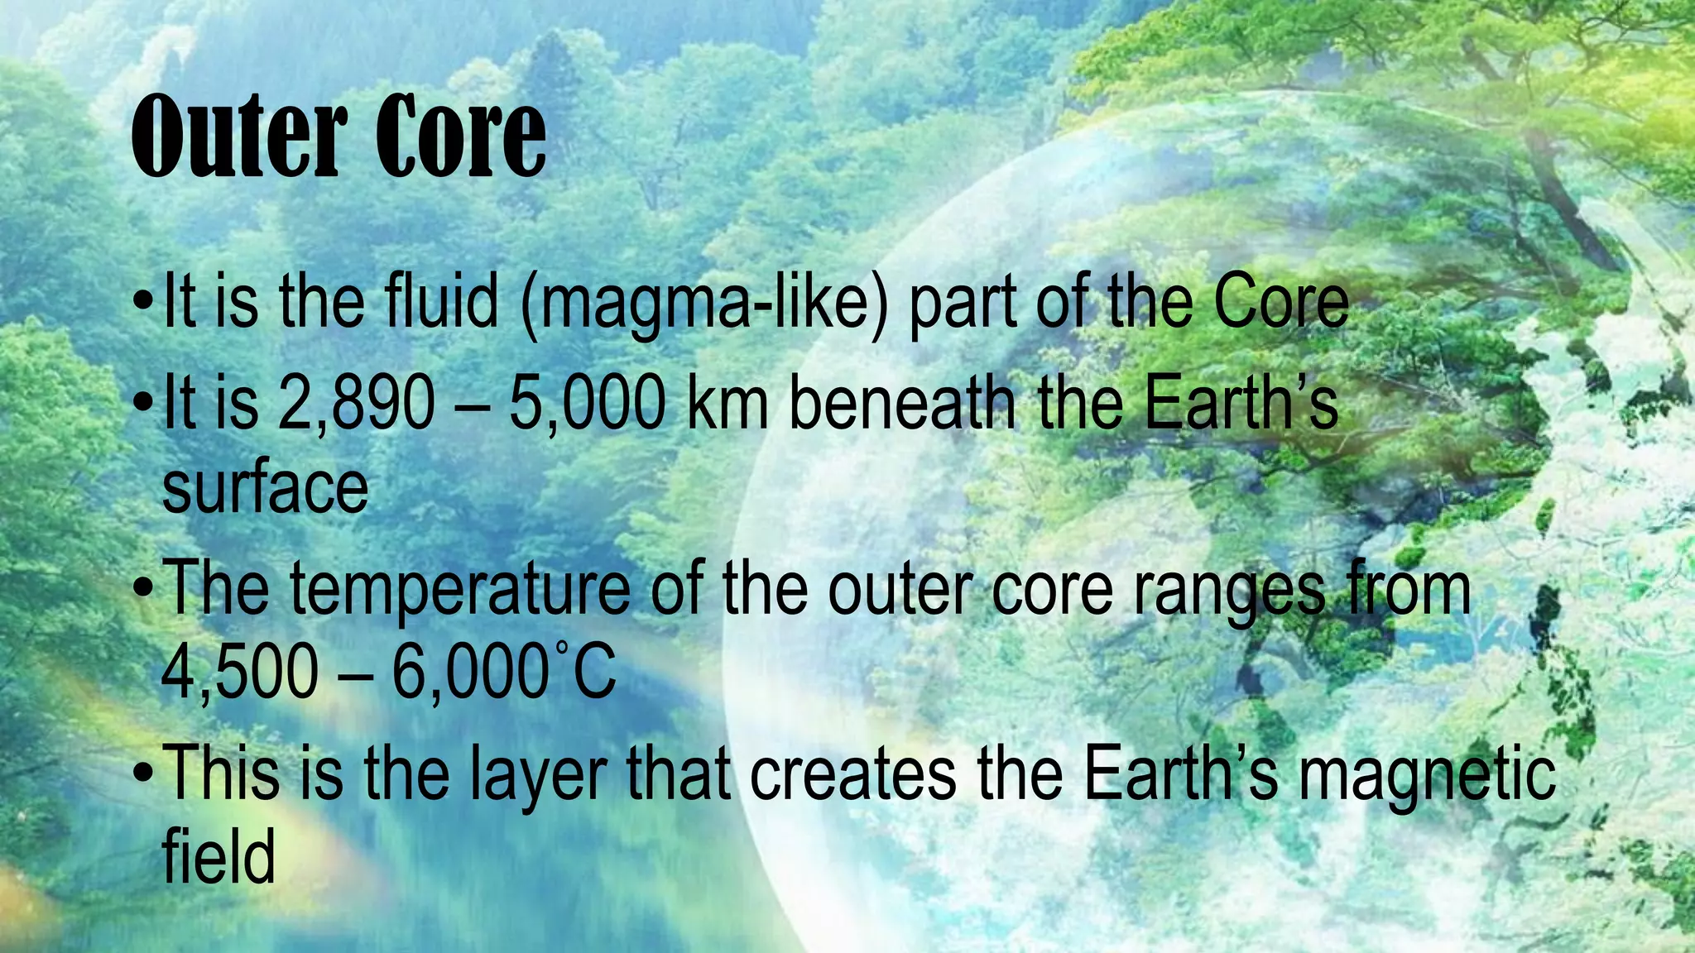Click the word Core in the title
click(x=461, y=136)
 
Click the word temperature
click(x=459, y=591)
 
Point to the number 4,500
click(x=239, y=672)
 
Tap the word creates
click(x=853, y=774)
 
